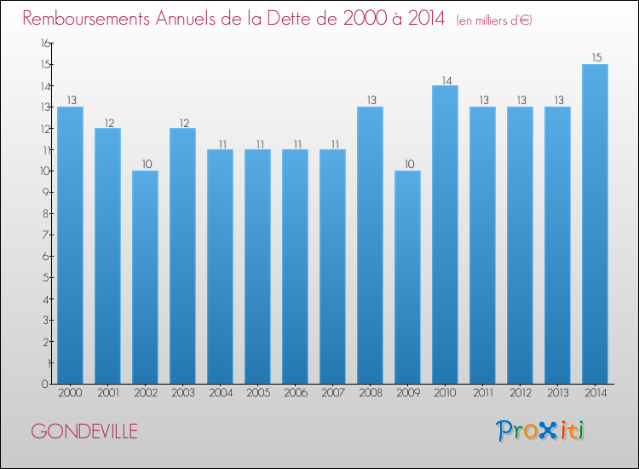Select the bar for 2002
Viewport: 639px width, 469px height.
[145, 277]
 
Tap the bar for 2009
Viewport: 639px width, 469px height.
[407, 277]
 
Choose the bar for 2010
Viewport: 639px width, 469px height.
[445, 234]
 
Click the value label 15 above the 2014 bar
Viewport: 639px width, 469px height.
[595, 58]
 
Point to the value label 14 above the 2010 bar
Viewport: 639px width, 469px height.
[445, 79]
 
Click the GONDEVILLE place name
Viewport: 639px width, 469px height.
[83, 431]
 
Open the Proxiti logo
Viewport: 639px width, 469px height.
[540, 431]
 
